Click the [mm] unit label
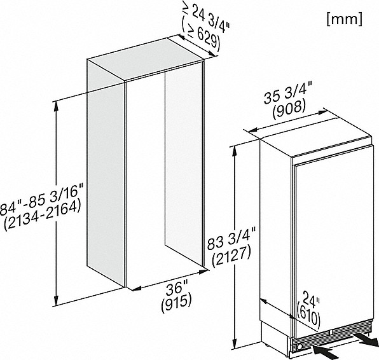(345, 19)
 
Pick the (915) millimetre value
(176, 303)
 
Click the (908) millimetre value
(289, 109)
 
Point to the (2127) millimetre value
(231, 257)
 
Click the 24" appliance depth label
(311, 300)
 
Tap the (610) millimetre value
(308, 313)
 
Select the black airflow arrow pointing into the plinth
(326, 352)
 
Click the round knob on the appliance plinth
(300, 347)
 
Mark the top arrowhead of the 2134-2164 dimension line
(56, 106)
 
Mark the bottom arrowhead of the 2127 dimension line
(235, 345)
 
